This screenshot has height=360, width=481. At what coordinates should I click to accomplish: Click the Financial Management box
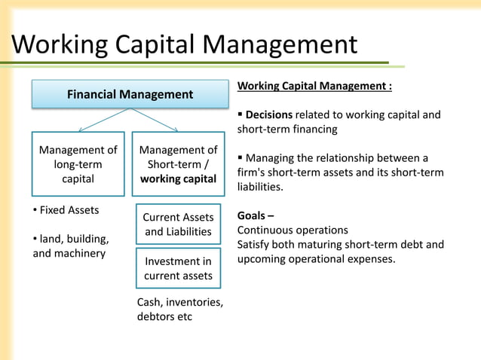tap(130, 95)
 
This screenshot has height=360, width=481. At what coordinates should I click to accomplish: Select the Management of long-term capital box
tap(78, 164)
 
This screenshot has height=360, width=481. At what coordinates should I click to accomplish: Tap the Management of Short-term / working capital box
tap(179, 164)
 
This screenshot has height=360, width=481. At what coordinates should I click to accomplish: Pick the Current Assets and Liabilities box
tap(179, 224)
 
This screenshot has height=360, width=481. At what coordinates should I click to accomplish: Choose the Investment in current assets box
tap(179, 268)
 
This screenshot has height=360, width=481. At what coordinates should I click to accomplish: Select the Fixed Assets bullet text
tap(69, 209)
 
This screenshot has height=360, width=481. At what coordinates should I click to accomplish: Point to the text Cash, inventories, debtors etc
tap(179, 309)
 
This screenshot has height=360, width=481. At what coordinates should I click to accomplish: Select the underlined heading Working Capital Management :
tap(314, 86)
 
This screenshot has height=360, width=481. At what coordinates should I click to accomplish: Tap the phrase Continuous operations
tap(293, 230)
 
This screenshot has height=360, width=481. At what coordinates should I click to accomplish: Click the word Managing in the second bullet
tap(271, 158)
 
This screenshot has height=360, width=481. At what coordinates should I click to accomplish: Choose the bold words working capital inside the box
tap(179, 179)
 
